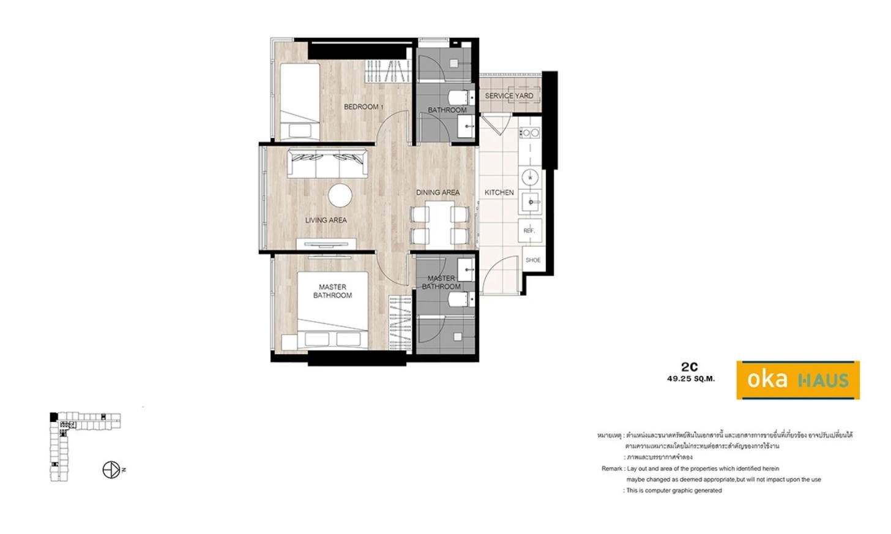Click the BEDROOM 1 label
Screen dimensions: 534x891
tap(363, 107)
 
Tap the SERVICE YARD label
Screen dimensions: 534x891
tap(509, 96)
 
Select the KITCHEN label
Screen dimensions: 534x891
tap(499, 192)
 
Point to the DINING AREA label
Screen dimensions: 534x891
tap(438, 192)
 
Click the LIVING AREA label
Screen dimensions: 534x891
tap(326, 220)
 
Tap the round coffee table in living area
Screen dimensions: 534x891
tap(340, 196)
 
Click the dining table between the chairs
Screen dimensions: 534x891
tap(440, 223)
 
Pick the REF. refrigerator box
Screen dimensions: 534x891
tap(529, 230)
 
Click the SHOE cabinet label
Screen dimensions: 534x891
tap(532, 260)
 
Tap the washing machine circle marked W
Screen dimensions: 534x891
tap(530, 178)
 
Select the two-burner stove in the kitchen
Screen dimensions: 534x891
tap(530, 132)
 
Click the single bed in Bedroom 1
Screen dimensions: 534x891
tap(300, 101)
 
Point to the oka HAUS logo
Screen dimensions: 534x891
tap(797, 380)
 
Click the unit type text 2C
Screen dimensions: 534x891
tap(690, 367)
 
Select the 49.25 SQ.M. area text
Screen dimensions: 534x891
tap(691, 379)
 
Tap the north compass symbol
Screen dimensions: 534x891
tap(111, 470)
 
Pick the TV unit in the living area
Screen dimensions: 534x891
tap(326, 244)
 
